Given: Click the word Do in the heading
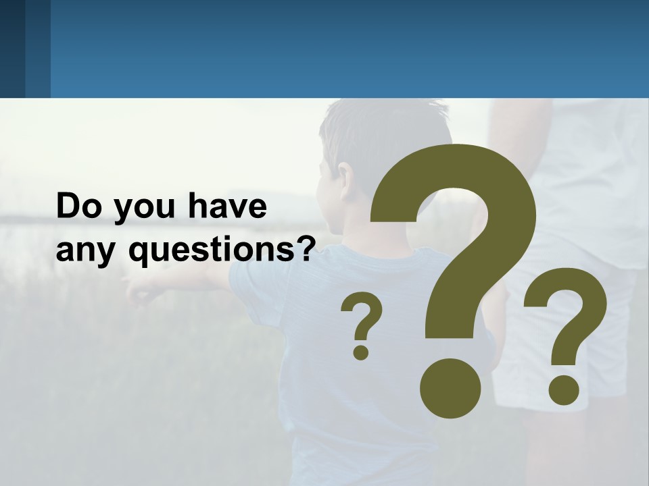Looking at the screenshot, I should click(77, 207).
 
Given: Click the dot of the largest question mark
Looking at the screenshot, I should click(450, 388).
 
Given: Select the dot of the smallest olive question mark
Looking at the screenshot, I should click(361, 352).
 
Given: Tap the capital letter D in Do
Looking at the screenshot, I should click(69, 207).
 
